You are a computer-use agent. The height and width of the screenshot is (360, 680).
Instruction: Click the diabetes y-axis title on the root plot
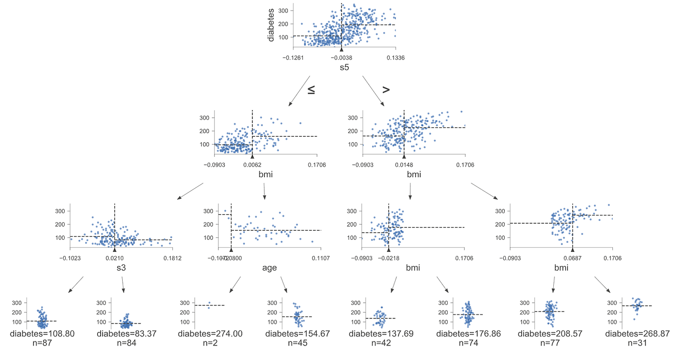(271, 24)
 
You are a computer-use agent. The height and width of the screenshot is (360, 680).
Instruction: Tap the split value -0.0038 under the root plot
(342, 58)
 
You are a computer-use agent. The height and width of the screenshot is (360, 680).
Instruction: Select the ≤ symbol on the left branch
(310, 90)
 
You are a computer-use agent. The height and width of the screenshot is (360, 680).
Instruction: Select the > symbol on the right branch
(386, 90)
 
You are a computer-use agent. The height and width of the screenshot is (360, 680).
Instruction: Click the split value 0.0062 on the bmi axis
(252, 164)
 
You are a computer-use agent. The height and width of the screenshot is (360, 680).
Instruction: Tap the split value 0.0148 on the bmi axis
(404, 164)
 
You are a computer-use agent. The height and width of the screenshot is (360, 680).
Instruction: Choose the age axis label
(269, 267)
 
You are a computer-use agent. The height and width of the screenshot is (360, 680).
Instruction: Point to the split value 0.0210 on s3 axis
(115, 258)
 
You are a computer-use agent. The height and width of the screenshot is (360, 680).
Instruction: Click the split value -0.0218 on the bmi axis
(389, 258)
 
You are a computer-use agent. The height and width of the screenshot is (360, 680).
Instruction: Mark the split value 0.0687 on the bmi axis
(572, 258)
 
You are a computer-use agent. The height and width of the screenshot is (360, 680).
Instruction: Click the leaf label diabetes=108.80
(46, 333)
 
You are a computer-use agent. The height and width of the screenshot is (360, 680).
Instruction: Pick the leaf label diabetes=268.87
(635, 333)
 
